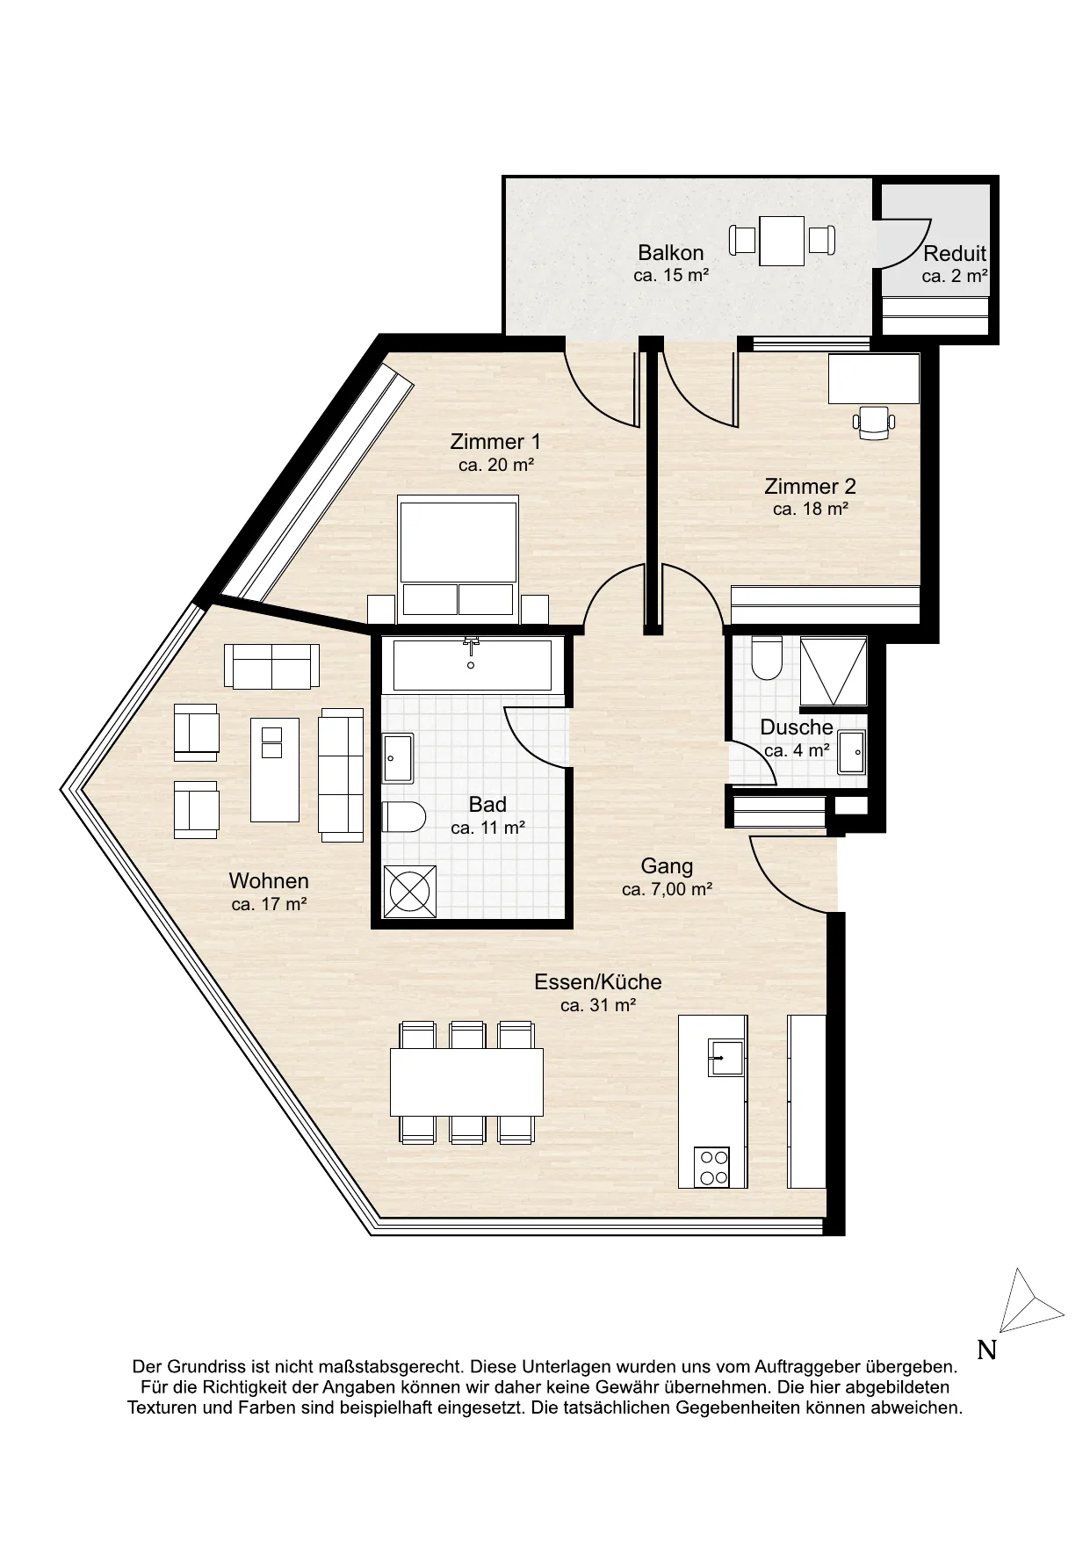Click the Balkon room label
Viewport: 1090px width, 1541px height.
(670, 253)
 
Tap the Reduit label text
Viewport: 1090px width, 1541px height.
(955, 254)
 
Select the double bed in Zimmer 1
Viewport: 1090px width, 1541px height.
(458, 555)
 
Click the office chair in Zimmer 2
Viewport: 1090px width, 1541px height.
(874, 423)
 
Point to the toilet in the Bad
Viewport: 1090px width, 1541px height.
(404, 817)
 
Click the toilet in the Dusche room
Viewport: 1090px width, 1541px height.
(767, 657)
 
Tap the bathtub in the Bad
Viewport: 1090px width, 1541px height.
(473, 665)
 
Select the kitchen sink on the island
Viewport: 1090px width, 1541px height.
(725, 1057)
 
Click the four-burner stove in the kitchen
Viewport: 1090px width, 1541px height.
(711, 1168)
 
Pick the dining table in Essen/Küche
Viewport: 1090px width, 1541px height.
(466, 1082)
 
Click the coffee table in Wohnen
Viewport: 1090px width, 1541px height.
(275, 770)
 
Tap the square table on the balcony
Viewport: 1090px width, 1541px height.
(782, 241)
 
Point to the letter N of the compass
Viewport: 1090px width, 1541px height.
(987, 1349)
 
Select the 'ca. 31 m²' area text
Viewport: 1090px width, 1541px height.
(598, 1005)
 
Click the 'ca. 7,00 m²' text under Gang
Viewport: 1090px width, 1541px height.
(667, 889)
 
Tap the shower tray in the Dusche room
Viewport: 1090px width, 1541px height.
(834, 671)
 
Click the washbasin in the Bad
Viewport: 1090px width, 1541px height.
(398, 758)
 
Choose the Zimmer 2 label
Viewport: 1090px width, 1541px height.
(810, 486)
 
